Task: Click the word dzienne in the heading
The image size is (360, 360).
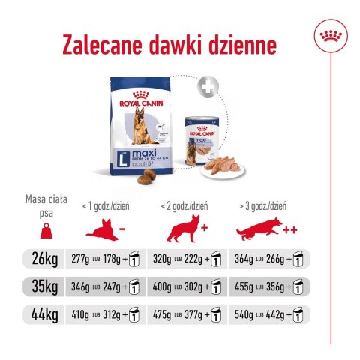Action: point(241,46)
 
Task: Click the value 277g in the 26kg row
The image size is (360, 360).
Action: point(80,259)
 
